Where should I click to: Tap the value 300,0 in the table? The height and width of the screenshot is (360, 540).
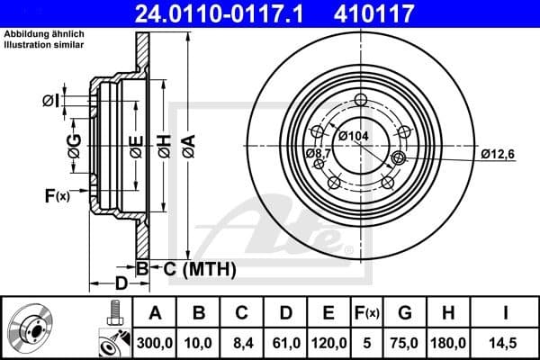pyautogui.click(x=154, y=341)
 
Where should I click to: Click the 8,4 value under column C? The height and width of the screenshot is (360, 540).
pyautogui.click(x=241, y=341)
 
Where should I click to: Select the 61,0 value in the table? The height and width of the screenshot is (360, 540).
pyautogui.click(x=285, y=341)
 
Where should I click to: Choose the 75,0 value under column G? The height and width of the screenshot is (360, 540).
pyautogui.click(x=404, y=341)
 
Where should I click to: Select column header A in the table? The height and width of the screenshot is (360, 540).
pyautogui.click(x=154, y=313)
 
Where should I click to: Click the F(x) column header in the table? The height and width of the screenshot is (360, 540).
pyautogui.click(x=365, y=313)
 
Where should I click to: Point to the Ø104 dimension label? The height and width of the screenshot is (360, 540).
pyautogui.click(x=355, y=135)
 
